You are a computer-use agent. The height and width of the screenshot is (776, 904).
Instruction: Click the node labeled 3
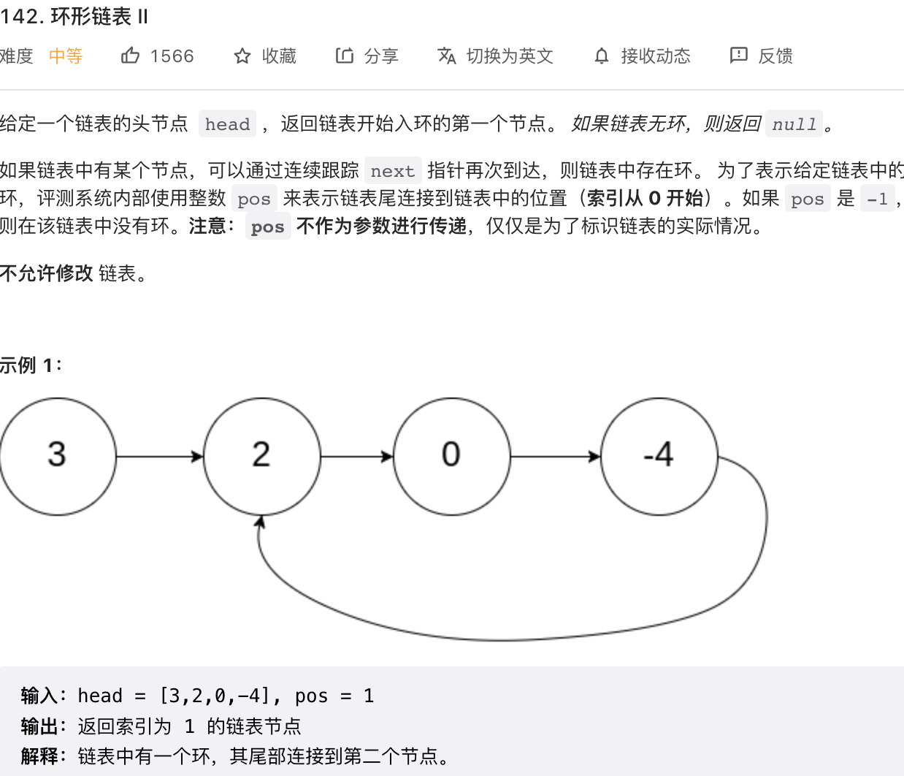pyautogui.click(x=57, y=456)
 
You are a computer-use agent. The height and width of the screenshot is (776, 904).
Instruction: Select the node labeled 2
pyautogui.click(x=261, y=456)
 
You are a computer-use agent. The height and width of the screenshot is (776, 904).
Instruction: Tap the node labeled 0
pyautogui.click(x=451, y=456)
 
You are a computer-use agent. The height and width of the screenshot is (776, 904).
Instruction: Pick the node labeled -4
pyautogui.click(x=659, y=456)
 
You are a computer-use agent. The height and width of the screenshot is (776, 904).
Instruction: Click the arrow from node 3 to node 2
pyautogui.click(x=159, y=457)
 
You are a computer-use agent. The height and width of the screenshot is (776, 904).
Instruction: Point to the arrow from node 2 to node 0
pyautogui.click(x=356, y=457)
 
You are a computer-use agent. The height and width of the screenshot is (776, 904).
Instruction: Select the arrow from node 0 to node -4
pyautogui.click(x=555, y=457)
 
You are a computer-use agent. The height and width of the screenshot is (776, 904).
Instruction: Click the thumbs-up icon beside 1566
pyautogui.click(x=130, y=56)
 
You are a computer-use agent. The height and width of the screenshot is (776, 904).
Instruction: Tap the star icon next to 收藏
pyautogui.click(x=242, y=56)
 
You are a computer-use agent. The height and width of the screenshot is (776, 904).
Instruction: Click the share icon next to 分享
pyautogui.click(x=345, y=56)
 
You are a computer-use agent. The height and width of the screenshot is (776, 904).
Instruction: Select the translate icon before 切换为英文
pyautogui.click(x=446, y=56)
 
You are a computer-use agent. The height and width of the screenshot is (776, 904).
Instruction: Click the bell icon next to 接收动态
pyautogui.click(x=601, y=56)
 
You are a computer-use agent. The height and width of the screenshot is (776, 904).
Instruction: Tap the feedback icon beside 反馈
pyautogui.click(x=738, y=56)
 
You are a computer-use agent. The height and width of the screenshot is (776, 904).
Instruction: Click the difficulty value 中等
pyautogui.click(x=66, y=56)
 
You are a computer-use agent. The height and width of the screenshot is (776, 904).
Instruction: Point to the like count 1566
pyautogui.click(x=172, y=56)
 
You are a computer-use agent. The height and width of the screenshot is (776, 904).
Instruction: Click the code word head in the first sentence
pyautogui.click(x=227, y=124)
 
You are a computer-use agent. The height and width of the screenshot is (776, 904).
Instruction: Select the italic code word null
pyautogui.click(x=794, y=124)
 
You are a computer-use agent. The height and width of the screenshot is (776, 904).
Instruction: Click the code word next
pyautogui.click(x=392, y=171)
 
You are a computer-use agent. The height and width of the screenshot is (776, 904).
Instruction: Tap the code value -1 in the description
pyautogui.click(x=877, y=199)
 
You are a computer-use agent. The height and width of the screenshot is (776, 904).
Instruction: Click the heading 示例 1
pyautogui.click(x=31, y=365)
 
